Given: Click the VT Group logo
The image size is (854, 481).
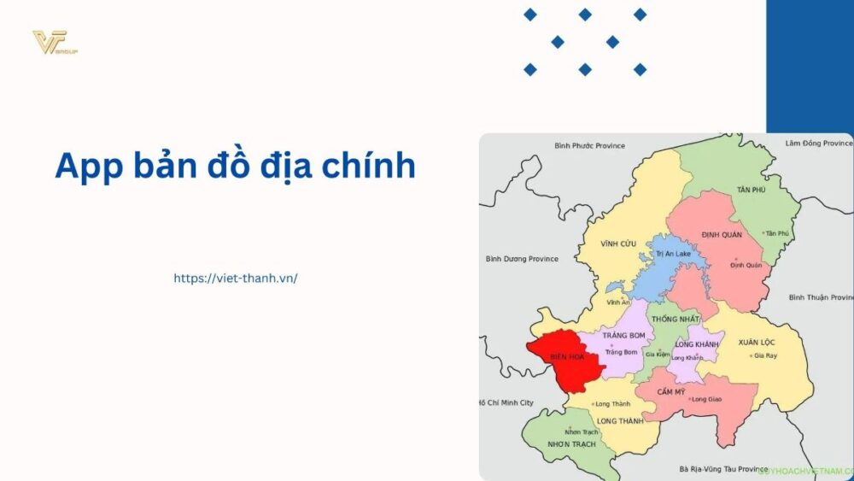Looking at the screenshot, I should pyautogui.click(x=55, y=42).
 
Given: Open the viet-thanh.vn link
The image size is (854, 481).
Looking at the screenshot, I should pyautogui.click(x=235, y=278).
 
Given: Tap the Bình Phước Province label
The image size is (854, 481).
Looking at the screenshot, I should pyautogui.click(x=589, y=146).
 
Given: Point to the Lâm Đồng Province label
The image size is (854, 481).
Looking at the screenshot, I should pyautogui.click(x=818, y=144).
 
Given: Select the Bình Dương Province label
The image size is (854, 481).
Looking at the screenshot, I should pyautogui.click(x=521, y=259).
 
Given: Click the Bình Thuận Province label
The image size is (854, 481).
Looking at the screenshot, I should pyautogui.click(x=820, y=297).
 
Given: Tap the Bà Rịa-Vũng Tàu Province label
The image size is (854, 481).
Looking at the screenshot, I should pyautogui.click(x=722, y=469).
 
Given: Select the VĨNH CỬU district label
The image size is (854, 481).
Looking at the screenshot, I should pyautogui.click(x=618, y=244).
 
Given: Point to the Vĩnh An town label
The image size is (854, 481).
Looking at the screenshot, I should pyautogui.click(x=618, y=302).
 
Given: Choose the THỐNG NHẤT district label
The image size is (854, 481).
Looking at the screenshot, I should pyautogui.click(x=669, y=319).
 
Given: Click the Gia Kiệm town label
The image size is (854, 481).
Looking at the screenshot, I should pyautogui.click(x=657, y=354).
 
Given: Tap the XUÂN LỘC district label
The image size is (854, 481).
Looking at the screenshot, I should pyautogui.click(x=757, y=341).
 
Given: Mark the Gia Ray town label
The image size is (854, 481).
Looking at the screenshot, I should pyautogui.click(x=763, y=355).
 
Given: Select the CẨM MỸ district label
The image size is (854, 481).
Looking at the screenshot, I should pyautogui.click(x=670, y=391).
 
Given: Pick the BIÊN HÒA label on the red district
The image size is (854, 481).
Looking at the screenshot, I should pyautogui.click(x=567, y=356).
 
